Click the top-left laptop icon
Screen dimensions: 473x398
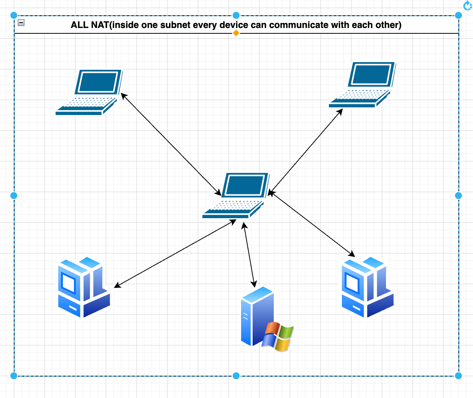click(x=89, y=92)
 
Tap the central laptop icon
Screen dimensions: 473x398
click(x=236, y=196)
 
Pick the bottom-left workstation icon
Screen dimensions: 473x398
click(x=84, y=287)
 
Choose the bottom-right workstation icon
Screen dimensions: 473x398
click(x=368, y=287)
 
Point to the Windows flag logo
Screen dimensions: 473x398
click(x=278, y=337)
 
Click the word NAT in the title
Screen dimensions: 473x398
click(x=100, y=25)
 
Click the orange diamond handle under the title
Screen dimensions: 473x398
click(x=236, y=33)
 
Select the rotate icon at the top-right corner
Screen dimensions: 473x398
click(x=468, y=5)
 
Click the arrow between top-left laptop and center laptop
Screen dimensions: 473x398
click(x=171, y=144)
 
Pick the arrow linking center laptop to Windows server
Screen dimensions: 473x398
click(x=249, y=255)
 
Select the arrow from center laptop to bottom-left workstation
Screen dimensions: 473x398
click(x=175, y=253)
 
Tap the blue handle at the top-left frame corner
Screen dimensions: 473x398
click(x=14, y=15)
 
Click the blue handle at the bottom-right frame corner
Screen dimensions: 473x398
click(x=458, y=376)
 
